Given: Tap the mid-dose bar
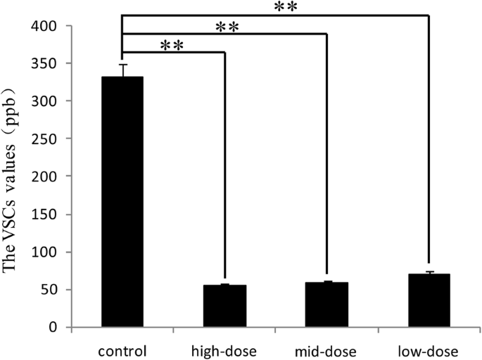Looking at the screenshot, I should tap(327, 304).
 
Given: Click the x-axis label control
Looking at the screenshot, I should tap(122, 350).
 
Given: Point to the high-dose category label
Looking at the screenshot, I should tap(225, 350).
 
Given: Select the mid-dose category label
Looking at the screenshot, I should tap(327, 350).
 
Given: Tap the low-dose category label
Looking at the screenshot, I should tap(429, 350).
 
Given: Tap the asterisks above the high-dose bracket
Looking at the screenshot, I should tap(172, 45).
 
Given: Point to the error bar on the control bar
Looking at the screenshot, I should tap(122, 70).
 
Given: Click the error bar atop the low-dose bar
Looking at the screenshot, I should tap(429, 272).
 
